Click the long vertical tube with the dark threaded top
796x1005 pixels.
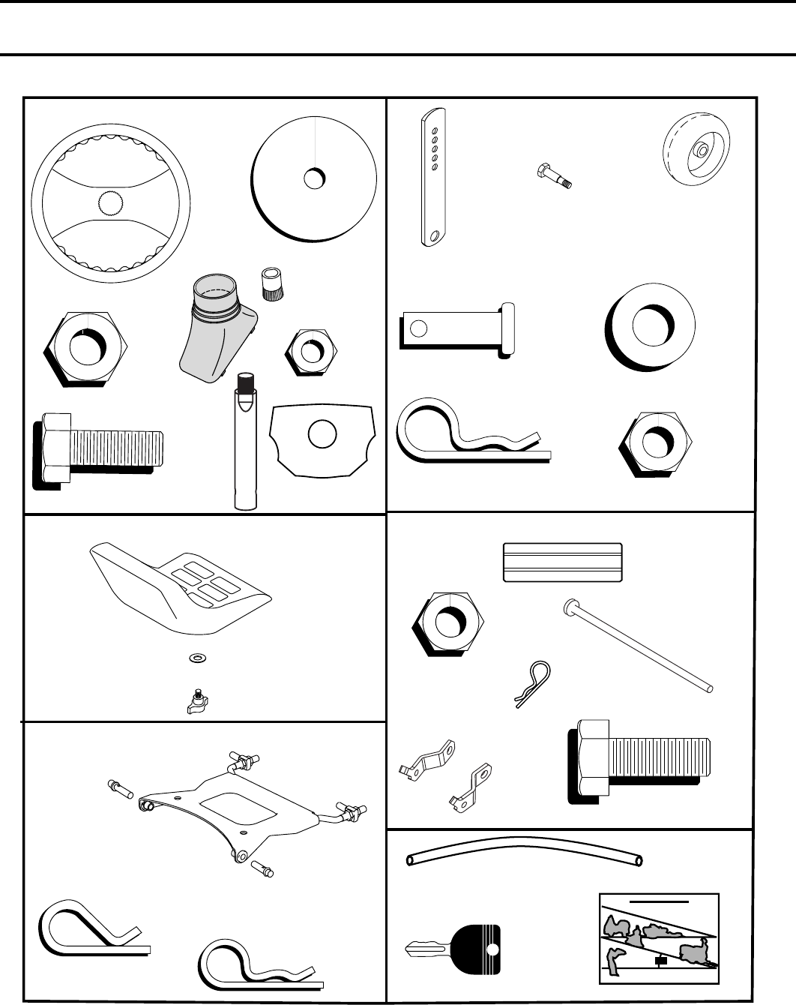click(x=244, y=442)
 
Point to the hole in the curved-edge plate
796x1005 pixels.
click(x=322, y=435)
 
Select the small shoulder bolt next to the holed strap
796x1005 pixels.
click(x=554, y=176)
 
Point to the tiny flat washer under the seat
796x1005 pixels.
click(x=197, y=658)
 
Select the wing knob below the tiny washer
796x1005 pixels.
click(x=197, y=702)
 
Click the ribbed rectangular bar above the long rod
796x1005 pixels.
click(x=562, y=562)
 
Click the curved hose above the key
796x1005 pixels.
click(x=524, y=853)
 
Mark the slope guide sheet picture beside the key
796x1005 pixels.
click(x=660, y=938)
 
